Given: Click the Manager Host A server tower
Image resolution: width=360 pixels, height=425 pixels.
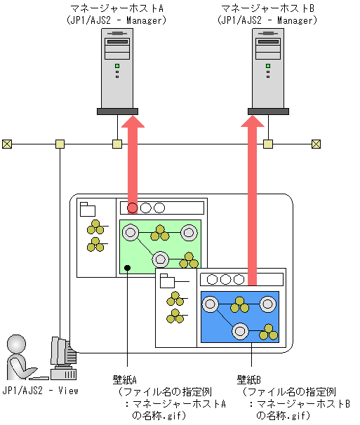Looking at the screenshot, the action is click(x=117, y=72).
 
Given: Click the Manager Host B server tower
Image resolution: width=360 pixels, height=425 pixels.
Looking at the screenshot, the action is click(x=268, y=72).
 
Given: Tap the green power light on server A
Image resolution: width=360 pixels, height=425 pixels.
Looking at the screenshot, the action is click(x=117, y=66).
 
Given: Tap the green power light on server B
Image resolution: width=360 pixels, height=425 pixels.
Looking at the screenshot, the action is click(x=268, y=66).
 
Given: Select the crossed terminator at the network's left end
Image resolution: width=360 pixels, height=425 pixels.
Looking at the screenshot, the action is click(x=7, y=144).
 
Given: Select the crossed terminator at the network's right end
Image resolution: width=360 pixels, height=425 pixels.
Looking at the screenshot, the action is click(x=316, y=144).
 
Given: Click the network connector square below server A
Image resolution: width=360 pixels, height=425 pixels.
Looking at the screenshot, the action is click(x=117, y=144).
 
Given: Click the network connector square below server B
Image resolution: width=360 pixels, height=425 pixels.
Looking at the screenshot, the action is click(x=268, y=144).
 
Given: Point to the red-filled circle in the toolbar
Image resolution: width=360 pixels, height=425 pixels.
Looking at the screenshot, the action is click(x=133, y=208).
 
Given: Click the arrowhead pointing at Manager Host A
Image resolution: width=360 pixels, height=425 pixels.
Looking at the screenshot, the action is click(x=133, y=121).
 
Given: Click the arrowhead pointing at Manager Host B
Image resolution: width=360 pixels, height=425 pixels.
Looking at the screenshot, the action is click(x=253, y=121).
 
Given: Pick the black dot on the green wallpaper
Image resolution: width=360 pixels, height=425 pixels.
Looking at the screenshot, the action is click(x=127, y=268).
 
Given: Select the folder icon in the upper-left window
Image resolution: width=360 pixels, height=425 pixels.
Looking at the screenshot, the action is click(x=88, y=209).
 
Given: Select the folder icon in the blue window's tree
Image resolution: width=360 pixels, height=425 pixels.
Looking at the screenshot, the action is click(x=167, y=281).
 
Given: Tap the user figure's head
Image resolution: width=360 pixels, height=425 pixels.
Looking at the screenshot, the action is click(x=17, y=344).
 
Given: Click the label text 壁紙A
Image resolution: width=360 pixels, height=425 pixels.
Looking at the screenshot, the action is click(x=124, y=379).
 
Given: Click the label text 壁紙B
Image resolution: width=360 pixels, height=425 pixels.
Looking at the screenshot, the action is click(x=248, y=379).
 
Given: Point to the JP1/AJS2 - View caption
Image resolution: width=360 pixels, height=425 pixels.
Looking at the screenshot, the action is click(x=40, y=391).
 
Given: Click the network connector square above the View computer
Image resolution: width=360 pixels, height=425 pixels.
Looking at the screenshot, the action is click(x=60, y=144).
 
